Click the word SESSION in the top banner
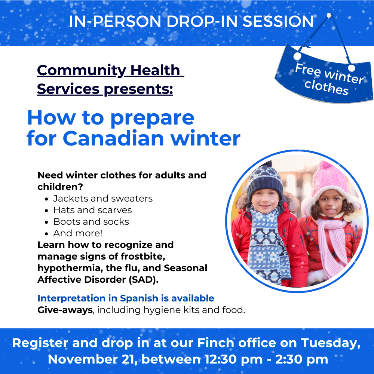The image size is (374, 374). pyautogui.click(x=278, y=21)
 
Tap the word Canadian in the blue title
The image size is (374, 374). pyautogui.click(x=114, y=138)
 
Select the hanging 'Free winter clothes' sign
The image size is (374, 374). pyautogui.click(x=324, y=74)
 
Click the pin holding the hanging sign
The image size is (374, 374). pyautogui.click(x=329, y=15)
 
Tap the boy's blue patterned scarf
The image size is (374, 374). pyautogui.click(x=268, y=243)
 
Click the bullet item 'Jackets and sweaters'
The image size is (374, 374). pyautogui.click(x=103, y=199)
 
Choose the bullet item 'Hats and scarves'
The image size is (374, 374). pyautogui.click(x=92, y=210)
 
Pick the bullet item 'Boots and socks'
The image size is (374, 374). pyautogui.click(x=91, y=221)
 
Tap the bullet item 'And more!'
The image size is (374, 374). pyautogui.click(x=78, y=233)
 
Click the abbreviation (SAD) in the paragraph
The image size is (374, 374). pyautogui.click(x=144, y=279)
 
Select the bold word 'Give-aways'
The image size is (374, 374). pyautogui.click(x=65, y=310)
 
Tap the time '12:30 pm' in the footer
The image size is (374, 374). pyautogui.click(x=233, y=359)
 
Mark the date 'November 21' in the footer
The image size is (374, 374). pyautogui.click(x=92, y=359)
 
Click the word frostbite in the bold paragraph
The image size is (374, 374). pyautogui.click(x=142, y=257)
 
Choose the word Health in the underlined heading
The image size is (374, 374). pyautogui.click(x=155, y=70)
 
